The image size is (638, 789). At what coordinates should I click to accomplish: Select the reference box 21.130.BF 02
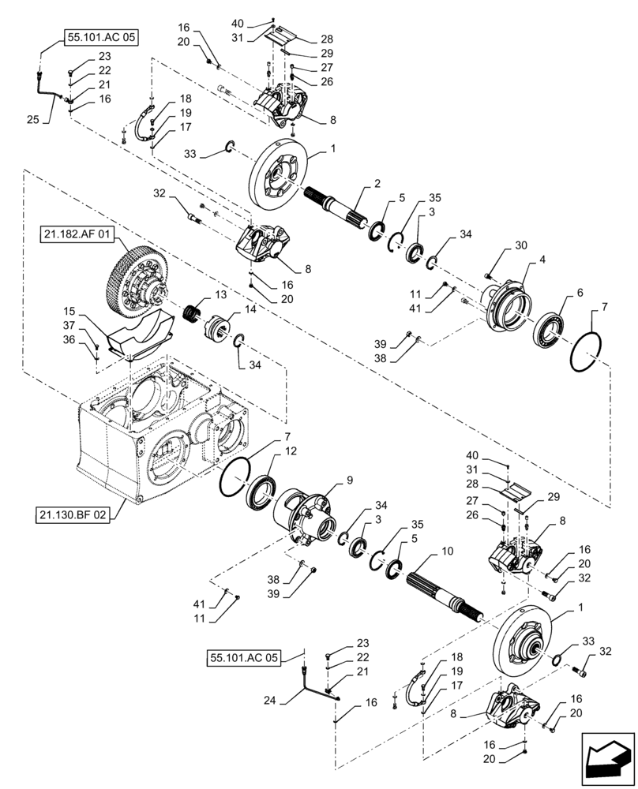coord(73,515)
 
